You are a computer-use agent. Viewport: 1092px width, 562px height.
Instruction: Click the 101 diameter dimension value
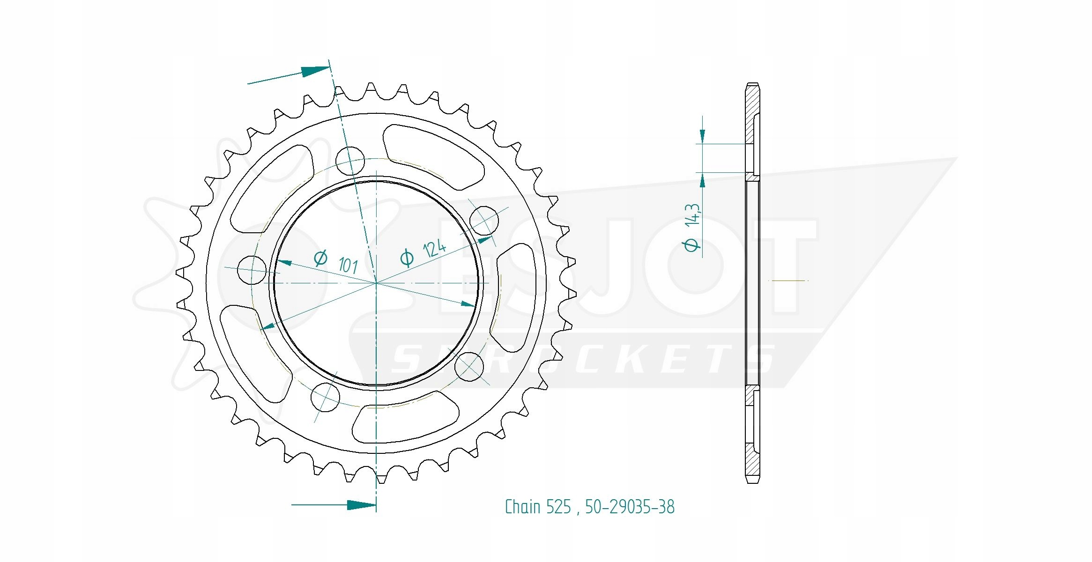(348, 265)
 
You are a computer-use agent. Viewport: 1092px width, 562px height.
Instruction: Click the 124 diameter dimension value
(434, 248)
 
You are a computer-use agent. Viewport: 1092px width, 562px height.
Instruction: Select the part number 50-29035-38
(630, 507)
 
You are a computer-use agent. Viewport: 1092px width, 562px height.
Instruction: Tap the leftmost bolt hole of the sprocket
(252, 270)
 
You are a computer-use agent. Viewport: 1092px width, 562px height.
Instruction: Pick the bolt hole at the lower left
(325, 397)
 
